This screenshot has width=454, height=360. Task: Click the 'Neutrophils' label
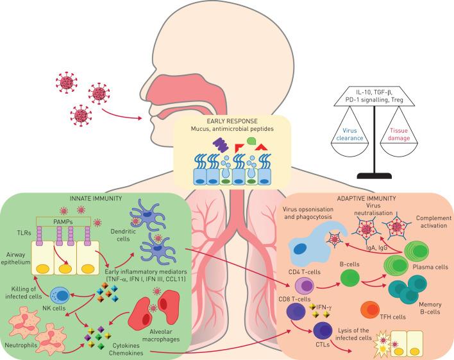point(21,345)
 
